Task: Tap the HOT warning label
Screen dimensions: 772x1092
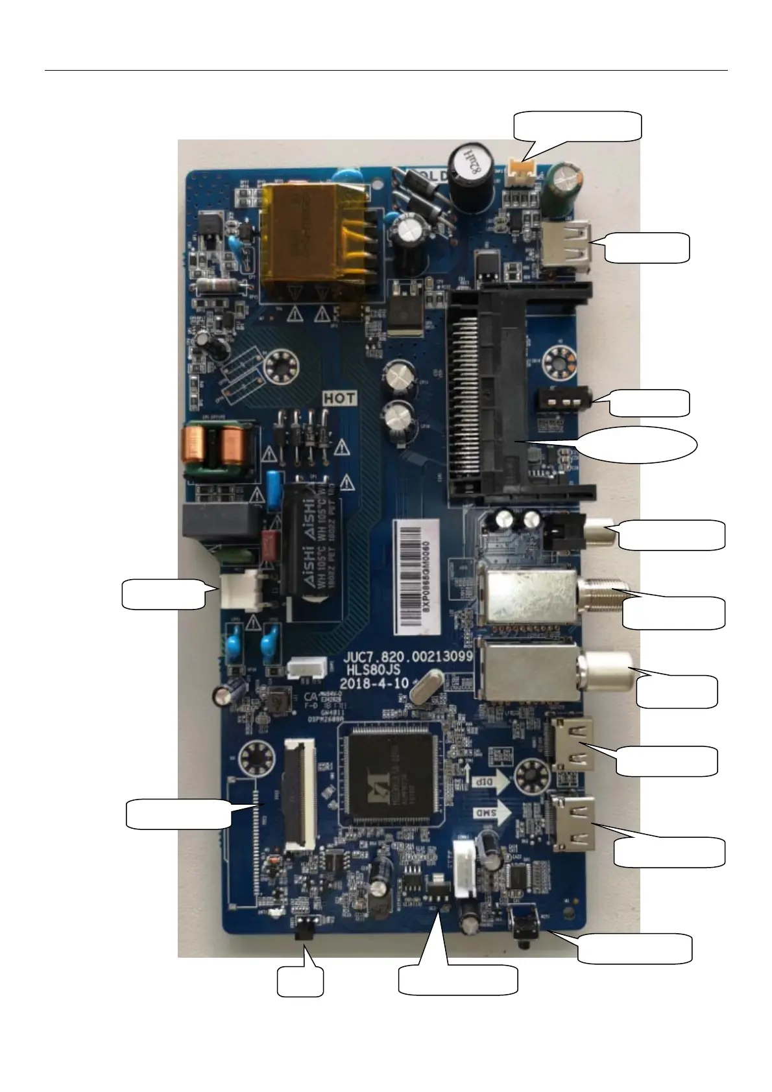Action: tap(340, 398)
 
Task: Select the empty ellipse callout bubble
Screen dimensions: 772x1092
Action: tap(637, 445)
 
